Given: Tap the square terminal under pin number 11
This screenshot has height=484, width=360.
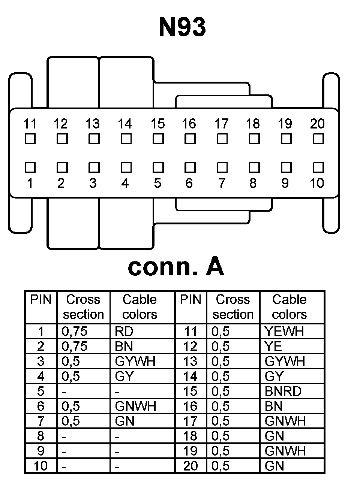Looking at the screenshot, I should pyautogui.click(x=30, y=139).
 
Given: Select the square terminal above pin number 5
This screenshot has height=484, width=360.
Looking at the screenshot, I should pyautogui.click(x=158, y=167).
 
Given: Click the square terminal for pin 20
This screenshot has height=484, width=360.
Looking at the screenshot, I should pyautogui.click(x=318, y=139).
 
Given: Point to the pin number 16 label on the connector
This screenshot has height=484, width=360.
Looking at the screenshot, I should pyautogui.click(x=189, y=124).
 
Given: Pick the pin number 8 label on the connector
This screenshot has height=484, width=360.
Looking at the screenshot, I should pyautogui.click(x=253, y=183).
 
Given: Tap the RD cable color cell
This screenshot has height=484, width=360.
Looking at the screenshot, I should pyautogui.click(x=124, y=332).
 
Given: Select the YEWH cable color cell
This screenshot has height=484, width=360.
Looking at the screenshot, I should pyautogui.click(x=284, y=332).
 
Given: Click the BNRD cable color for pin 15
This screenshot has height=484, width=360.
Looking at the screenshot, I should pyautogui.click(x=283, y=391).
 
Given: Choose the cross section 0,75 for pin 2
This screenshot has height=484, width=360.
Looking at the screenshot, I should pyautogui.click(x=75, y=347).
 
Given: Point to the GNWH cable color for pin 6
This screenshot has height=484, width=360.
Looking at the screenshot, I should pyautogui.click(x=135, y=406).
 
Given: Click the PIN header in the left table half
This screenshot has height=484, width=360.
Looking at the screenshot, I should pyautogui.click(x=41, y=300).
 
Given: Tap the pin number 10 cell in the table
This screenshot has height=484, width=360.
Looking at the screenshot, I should pyautogui.click(x=40, y=466).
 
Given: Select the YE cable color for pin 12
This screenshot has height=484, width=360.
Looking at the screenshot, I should pyautogui.click(x=273, y=347).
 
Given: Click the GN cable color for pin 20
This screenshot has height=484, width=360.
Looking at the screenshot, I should pyautogui.click(x=274, y=466).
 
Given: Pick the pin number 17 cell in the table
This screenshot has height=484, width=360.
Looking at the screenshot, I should pyautogui.click(x=190, y=421).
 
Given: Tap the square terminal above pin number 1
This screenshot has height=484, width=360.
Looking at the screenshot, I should pyautogui.click(x=30, y=167).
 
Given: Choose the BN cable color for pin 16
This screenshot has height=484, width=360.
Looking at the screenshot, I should pyautogui.click(x=273, y=406).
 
